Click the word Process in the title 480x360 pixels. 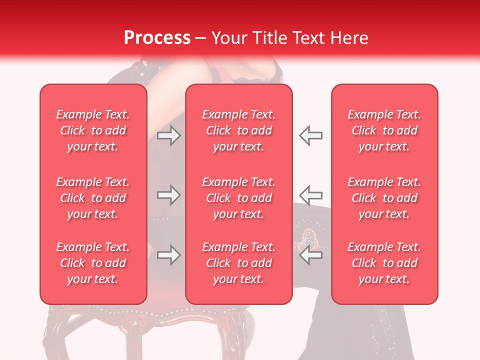pos(157,37)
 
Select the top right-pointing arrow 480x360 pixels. pos(168,135)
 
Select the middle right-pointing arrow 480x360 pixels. pos(168,195)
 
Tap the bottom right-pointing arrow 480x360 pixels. pos(168,255)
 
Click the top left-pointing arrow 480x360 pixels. pos(310,135)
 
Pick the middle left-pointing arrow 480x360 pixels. pos(310,195)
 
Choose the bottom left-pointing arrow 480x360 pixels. pos(310,255)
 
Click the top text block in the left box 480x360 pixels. pos(93,130)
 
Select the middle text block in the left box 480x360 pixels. pos(93,198)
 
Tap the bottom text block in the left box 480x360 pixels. pos(93,263)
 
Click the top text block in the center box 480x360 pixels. pos(238,130)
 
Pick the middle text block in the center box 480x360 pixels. pos(238,198)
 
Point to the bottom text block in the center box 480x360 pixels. pos(238,263)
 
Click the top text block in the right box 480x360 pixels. pos(384,130)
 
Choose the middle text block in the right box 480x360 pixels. pos(384,198)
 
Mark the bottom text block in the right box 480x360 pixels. pos(384,263)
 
